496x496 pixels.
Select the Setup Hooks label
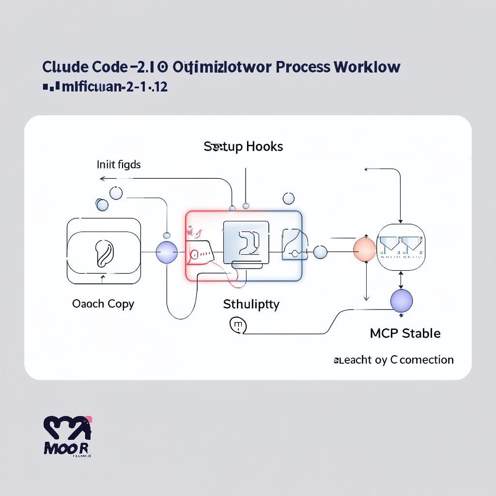pyautogui.click(x=243, y=146)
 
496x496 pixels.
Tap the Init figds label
pyautogui.click(x=119, y=165)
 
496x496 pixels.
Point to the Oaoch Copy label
pyautogui.click(x=103, y=304)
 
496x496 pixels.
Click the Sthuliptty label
pyautogui.click(x=251, y=304)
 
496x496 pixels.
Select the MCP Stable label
pyautogui.click(x=405, y=333)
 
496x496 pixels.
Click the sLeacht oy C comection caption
pyautogui.click(x=394, y=360)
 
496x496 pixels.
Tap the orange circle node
pyautogui.click(x=365, y=250)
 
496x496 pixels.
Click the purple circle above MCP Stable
pyautogui.click(x=402, y=301)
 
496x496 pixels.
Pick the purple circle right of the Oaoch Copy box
pyautogui.click(x=167, y=252)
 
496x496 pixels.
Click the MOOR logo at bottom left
pyautogui.click(x=67, y=436)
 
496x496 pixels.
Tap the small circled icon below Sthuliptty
pyautogui.click(x=237, y=325)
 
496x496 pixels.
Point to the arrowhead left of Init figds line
pyautogui.click(x=102, y=179)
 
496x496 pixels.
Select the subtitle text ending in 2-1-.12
pyautogui.click(x=105, y=88)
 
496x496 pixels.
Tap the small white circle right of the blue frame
pyautogui.click(x=320, y=252)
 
